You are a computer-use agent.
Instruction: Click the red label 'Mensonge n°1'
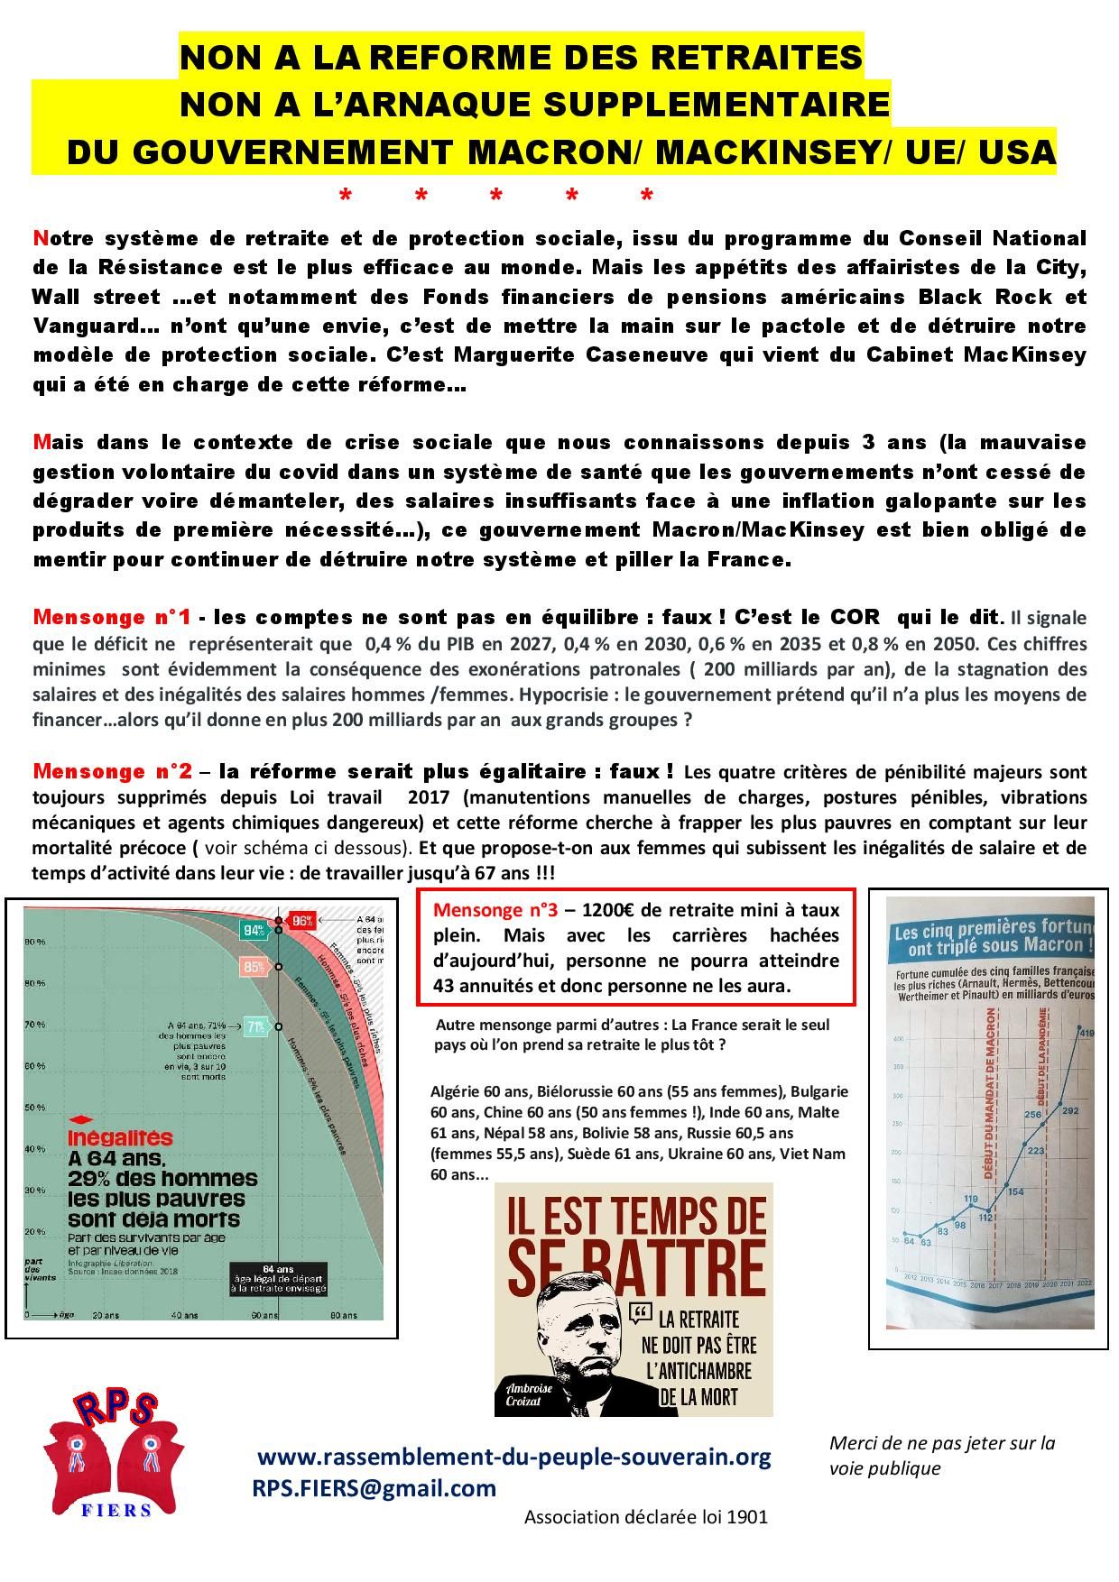(111, 617)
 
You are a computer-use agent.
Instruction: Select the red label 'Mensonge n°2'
(112, 771)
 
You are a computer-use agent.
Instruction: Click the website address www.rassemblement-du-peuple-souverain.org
(514, 1457)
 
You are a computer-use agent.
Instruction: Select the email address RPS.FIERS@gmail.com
(375, 1488)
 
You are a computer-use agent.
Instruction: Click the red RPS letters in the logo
(115, 1408)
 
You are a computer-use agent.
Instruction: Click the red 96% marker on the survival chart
(302, 921)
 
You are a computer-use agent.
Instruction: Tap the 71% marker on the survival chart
(256, 1026)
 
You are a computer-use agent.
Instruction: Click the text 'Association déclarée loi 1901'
(646, 1516)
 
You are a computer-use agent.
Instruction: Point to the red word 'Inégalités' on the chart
(121, 1139)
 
